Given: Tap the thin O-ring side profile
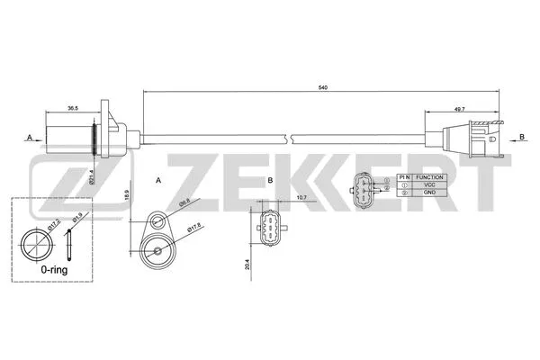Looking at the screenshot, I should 68,247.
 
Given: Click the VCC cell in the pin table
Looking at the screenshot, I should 429,185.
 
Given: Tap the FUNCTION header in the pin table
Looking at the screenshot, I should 429,178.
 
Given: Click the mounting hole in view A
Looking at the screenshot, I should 157,220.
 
